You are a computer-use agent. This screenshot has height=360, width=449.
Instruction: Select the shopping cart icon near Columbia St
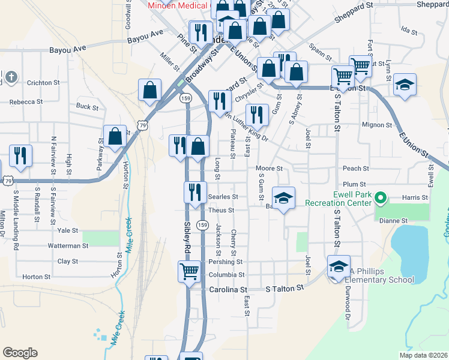pyautogui.click(x=189, y=272)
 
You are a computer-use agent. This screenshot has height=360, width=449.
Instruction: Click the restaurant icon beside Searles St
pyautogui.click(x=194, y=193)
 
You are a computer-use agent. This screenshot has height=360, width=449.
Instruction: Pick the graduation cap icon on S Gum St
pyautogui.click(x=284, y=197)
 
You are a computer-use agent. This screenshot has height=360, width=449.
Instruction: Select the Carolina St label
pyautogui.click(x=228, y=289)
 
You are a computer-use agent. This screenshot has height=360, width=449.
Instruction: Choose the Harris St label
pyautogui.click(x=415, y=197)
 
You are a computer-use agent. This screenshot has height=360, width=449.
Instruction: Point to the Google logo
pyautogui.click(x=20, y=352)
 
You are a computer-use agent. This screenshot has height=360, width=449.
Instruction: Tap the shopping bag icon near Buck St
pyautogui.click(x=149, y=91)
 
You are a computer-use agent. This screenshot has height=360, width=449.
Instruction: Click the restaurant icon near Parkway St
pyautogui.click(x=20, y=155)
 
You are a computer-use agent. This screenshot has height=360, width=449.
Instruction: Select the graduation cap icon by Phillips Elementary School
pyautogui.click(x=339, y=266)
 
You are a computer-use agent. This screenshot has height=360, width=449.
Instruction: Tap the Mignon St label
pyautogui.click(x=376, y=125)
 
